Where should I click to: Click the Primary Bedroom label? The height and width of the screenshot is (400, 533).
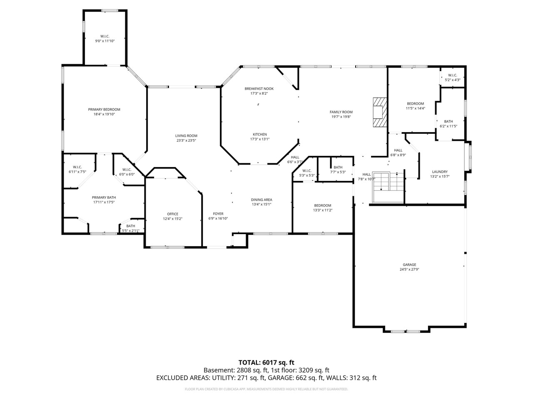click(x=104, y=110)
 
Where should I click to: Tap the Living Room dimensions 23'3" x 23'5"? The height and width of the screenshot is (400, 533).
click(x=186, y=141)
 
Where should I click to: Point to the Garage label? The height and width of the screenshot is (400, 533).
click(x=409, y=265)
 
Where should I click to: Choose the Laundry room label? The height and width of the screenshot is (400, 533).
click(x=440, y=172)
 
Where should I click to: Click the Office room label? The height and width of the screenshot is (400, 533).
click(x=172, y=214)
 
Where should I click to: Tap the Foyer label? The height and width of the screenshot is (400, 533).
click(x=218, y=214)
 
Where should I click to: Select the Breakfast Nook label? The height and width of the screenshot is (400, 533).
click(x=259, y=88)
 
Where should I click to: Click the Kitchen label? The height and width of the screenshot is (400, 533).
click(x=259, y=134)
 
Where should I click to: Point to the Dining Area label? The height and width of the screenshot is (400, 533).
click(x=262, y=200)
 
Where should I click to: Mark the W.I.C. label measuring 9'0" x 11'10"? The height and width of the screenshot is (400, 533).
click(x=105, y=36)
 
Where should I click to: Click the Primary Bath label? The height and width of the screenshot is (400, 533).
click(x=104, y=197)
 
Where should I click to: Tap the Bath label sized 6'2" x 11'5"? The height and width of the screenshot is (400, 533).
click(x=448, y=121)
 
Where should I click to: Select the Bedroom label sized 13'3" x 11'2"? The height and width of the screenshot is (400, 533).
click(x=323, y=205)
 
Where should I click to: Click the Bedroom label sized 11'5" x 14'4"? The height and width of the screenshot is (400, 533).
click(x=415, y=104)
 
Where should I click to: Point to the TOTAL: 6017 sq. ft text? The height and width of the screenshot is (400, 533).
click(x=266, y=362)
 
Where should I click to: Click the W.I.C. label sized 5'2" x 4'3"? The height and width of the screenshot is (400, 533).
click(x=453, y=75)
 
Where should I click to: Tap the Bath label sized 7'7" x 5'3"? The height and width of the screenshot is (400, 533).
click(x=338, y=167)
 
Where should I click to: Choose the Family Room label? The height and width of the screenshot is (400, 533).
click(x=341, y=112)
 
